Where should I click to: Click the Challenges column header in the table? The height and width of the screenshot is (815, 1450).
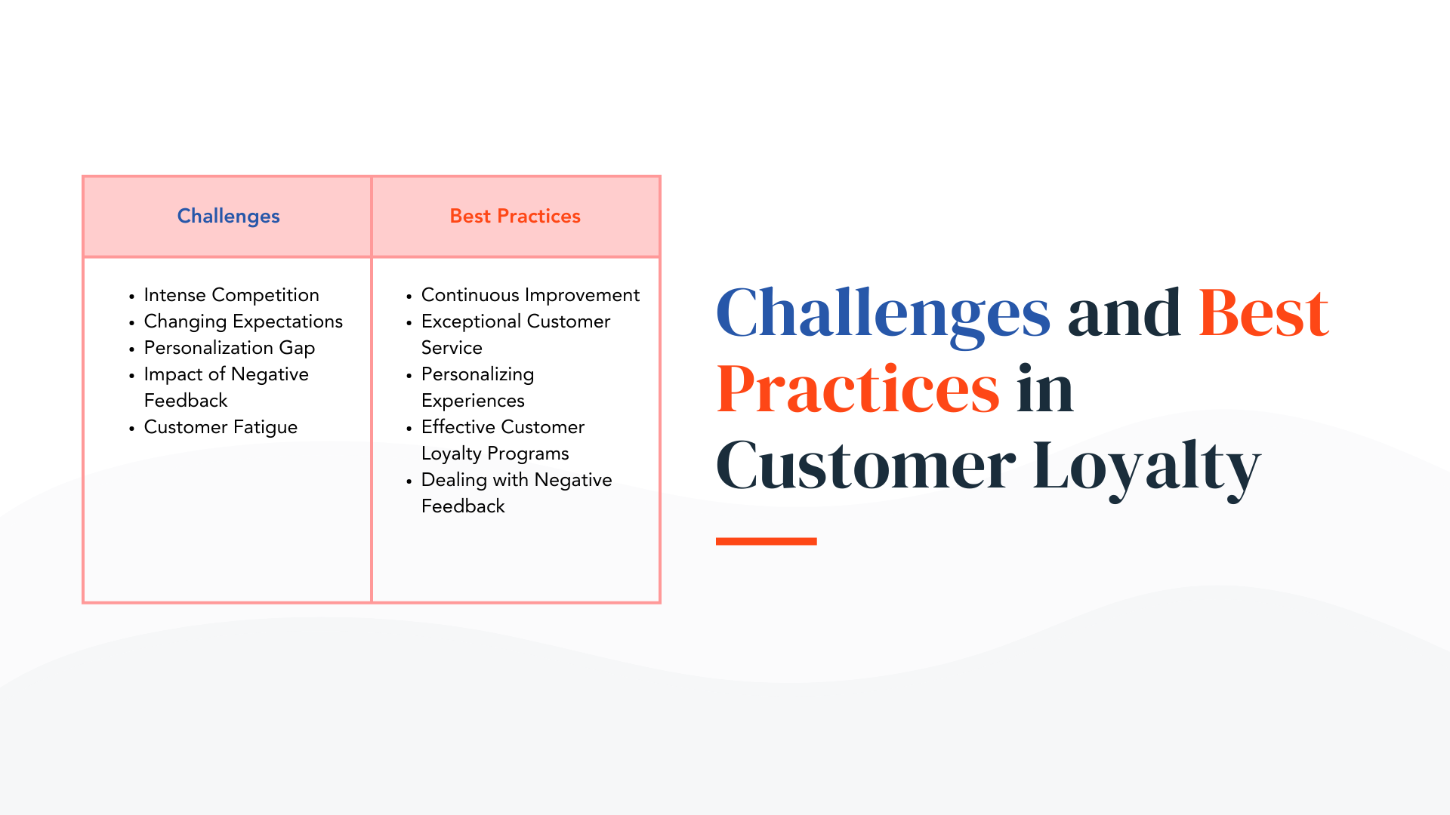228,217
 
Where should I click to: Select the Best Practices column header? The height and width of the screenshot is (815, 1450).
515,217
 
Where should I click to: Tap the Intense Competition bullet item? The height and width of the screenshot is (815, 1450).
231,295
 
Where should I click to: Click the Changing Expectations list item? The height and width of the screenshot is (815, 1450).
243,321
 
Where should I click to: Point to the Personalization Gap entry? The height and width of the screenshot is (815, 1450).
229,348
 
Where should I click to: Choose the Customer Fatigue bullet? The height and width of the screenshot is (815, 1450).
221,427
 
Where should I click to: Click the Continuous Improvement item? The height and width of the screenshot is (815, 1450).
530,295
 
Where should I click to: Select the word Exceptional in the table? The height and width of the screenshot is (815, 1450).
471,321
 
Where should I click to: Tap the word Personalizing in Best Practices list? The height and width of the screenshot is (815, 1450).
477,374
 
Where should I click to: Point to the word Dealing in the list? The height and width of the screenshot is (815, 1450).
454,480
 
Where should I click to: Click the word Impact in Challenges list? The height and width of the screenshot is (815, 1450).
173,374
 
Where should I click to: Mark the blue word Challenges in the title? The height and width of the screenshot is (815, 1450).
883,313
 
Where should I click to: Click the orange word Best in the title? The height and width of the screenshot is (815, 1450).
1263,313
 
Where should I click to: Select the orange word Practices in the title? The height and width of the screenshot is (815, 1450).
858,389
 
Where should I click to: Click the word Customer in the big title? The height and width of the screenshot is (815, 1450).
865,466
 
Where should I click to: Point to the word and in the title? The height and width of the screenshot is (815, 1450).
1124,313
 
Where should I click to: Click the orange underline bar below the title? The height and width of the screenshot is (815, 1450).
766,541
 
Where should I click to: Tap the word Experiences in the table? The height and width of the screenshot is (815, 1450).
473,401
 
